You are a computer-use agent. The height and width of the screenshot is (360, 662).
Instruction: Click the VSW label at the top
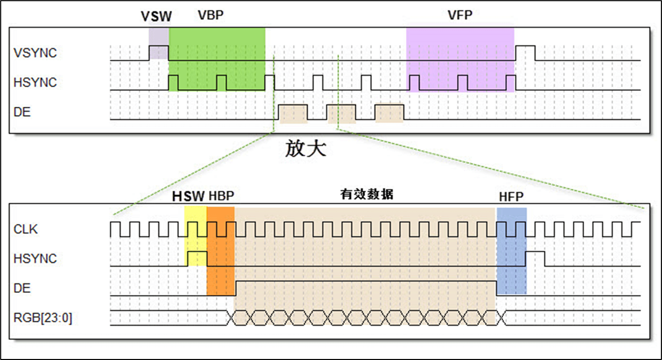pos(156,16)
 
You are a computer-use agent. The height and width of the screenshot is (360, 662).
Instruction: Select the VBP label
pos(210,15)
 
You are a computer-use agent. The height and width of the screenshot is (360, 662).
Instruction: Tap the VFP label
pos(460,15)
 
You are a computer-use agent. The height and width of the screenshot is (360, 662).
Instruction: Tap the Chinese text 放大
pos(306,149)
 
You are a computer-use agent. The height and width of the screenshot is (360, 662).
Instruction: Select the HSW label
pos(188,197)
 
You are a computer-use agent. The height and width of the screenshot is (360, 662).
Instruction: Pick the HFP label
pos(511,197)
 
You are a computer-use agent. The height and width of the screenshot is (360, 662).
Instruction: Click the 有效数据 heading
pos(367,194)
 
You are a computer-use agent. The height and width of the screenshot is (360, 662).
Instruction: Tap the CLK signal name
pos(26,229)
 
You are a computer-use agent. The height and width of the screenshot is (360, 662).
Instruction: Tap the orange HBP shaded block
pos(220,258)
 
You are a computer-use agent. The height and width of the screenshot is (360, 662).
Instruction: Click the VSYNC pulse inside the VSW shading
pos(158,52)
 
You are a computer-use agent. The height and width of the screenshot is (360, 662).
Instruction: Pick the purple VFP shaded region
pos(460,57)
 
